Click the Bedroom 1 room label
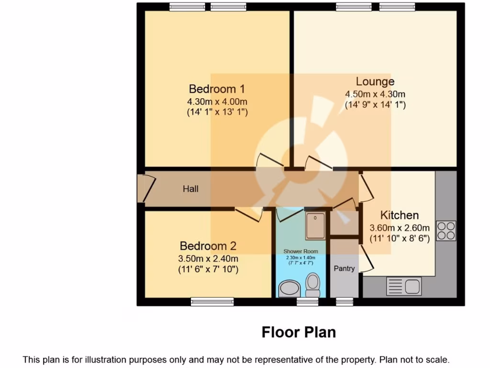[x=217, y=89]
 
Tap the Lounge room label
[x=375, y=81]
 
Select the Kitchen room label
[x=399, y=215]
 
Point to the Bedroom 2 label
[x=208, y=246]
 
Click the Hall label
[x=190, y=189]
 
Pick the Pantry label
[x=344, y=268]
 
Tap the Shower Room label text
[x=301, y=251]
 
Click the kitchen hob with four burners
[x=445, y=230]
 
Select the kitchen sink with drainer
[x=403, y=287]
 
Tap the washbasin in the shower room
[x=289, y=289]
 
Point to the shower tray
[x=316, y=226]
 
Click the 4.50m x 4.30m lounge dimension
[x=375, y=94]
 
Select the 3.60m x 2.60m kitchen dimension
[x=400, y=228]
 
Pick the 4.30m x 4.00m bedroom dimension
[x=217, y=102]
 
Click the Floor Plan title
[x=299, y=332]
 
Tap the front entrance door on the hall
[x=142, y=189]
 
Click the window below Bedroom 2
[x=212, y=301]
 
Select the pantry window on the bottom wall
[x=343, y=301]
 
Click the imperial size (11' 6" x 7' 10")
[x=208, y=270]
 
